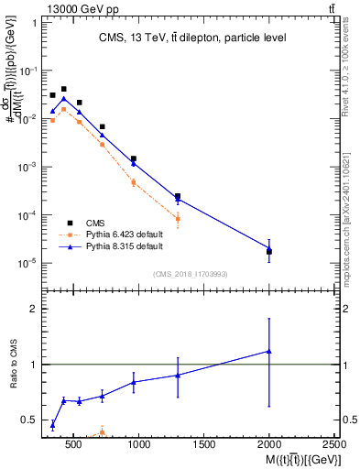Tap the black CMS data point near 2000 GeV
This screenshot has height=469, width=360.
coord(268,251)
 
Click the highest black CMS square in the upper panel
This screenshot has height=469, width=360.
coord(63,90)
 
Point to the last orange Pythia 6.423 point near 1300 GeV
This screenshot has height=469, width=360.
coord(178,219)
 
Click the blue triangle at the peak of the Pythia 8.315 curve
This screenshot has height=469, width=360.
coord(63,98)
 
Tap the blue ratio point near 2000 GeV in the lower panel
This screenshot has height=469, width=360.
coord(268,351)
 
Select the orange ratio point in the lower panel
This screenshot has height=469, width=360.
coord(102,432)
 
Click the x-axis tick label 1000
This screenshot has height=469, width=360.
coord(139,445)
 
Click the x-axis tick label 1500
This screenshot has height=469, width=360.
coord(204,445)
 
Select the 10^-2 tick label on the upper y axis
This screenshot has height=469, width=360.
coord(27,119)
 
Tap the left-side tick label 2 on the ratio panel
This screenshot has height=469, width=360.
coord(32,309)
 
